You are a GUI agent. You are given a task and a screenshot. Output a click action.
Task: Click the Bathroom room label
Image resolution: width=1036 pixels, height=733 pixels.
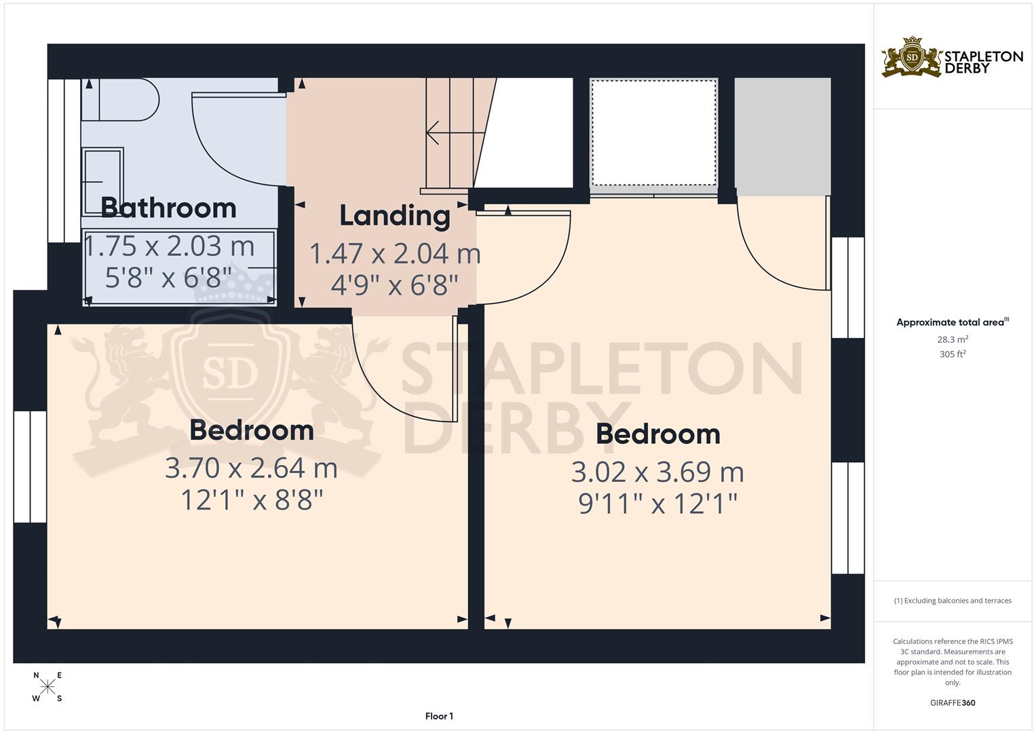click(x=168, y=208)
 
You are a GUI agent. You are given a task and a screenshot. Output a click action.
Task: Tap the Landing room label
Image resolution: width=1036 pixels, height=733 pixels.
click(x=395, y=216)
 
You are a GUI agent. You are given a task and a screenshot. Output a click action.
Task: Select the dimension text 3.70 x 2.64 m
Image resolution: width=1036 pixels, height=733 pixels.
click(x=251, y=468)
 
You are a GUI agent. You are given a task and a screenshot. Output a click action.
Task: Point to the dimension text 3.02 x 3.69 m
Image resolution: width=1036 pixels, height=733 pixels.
click(x=657, y=472)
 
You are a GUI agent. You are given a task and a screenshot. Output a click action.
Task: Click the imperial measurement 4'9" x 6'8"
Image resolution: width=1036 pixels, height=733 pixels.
click(x=395, y=285)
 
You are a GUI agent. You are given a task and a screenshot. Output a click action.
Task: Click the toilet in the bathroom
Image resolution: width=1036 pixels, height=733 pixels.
click(x=121, y=99)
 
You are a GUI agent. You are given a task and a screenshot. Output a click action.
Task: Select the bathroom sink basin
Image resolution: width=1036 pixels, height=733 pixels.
click(x=102, y=181)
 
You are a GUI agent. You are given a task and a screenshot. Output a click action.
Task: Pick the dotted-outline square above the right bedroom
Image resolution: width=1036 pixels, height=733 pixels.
click(x=653, y=132)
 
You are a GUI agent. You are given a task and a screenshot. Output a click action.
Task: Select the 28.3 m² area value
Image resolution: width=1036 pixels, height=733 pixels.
click(x=953, y=339)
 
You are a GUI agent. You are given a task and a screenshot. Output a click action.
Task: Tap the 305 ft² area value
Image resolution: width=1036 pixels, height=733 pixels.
click(x=953, y=354)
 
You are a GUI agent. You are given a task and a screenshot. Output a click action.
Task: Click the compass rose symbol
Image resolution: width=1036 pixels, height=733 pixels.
click(x=47, y=687)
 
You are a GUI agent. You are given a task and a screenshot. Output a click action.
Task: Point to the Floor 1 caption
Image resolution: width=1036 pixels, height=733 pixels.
click(x=439, y=716)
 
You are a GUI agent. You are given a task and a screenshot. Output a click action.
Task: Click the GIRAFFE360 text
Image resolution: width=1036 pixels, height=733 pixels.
click(x=953, y=703)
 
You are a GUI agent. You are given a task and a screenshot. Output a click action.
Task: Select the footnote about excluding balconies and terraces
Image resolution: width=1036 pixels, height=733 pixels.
click(x=953, y=601)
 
